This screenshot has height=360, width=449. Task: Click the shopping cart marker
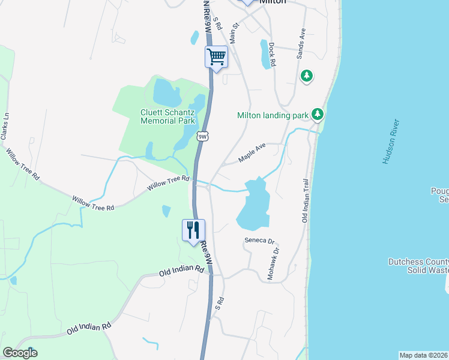pyautogui.click(x=216, y=58)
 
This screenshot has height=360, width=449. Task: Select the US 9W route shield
pyautogui.click(x=203, y=137)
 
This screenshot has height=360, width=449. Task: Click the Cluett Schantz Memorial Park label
pyautogui.click(x=167, y=116)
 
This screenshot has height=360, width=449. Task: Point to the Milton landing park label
pyautogui.click(x=273, y=115)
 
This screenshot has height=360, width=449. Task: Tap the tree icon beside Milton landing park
pyautogui.click(x=317, y=114)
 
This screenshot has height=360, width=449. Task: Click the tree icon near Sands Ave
pyautogui.click(x=307, y=76)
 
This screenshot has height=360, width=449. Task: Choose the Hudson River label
pyautogui.click(x=391, y=142)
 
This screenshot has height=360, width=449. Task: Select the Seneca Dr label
pyautogui.click(x=259, y=241)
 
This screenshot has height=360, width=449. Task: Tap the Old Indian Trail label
pyautogui.click(x=305, y=201)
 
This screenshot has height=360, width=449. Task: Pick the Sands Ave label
pyautogui.click(x=301, y=43)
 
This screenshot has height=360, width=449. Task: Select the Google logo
pyautogui.click(x=20, y=353)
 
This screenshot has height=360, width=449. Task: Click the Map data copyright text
pyautogui.click(x=423, y=355)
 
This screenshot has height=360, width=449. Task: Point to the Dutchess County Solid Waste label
pyautogui.click(x=418, y=266)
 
